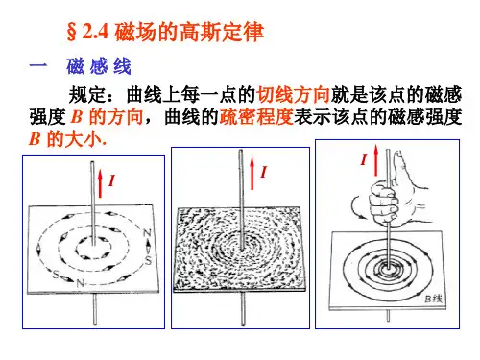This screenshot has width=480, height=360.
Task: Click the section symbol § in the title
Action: tap(72, 33)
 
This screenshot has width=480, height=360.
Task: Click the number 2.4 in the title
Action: tap(95, 32)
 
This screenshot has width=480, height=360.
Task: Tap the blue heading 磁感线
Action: tap(99, 66)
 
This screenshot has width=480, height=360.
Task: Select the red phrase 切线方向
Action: tap(294, 95)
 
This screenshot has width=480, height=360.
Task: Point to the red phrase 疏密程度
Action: tap(256, 116)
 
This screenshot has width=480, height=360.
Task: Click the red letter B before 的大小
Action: tap(35, 139)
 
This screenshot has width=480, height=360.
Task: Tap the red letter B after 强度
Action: tap(77, 117)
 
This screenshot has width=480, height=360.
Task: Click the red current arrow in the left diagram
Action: tap(100, 183)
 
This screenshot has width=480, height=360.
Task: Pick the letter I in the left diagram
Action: tap(111, 180)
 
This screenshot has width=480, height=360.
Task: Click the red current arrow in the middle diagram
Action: tap(252, 174)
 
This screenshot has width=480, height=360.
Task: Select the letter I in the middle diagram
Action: tap(263, 172)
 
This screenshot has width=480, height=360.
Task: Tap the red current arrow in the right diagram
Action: tap(376, 160)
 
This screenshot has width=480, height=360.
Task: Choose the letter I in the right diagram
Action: tap(364, 159)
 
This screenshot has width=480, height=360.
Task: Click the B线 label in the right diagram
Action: tap(434, 299)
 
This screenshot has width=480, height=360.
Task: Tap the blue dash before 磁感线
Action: tap(38, 66)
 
